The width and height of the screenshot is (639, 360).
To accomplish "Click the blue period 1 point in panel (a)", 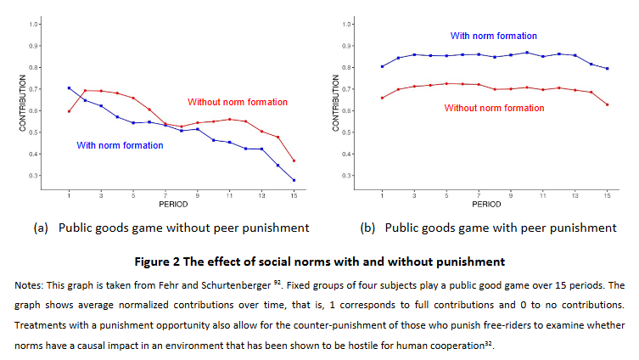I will pos(69,88).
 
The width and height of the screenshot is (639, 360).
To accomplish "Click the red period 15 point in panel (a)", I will pos(294,160).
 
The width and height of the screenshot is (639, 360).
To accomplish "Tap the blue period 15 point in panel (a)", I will pos(294,180).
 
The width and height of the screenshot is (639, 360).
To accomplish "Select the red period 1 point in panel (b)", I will pos(383,98).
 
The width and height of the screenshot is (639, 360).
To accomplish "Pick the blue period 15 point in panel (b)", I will pos(608,69).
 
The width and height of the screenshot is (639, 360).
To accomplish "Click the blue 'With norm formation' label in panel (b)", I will pos(493,36).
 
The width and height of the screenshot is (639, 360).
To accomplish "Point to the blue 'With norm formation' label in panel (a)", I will pos(120,145).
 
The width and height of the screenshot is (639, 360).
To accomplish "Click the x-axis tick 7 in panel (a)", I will pos(165,194).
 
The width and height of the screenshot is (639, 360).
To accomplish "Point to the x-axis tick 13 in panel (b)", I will pos(575,194).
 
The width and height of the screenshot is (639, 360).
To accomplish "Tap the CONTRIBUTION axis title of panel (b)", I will pos(336,100).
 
